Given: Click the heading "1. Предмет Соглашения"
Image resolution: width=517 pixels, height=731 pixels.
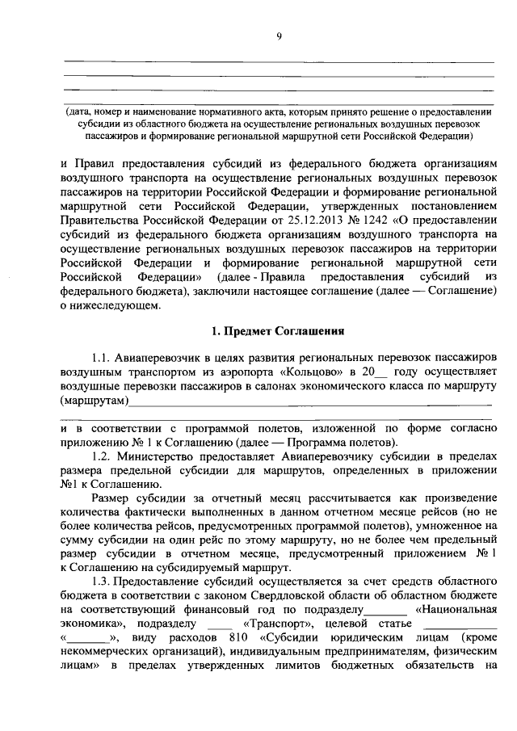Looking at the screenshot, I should click(x=278, y=330).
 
